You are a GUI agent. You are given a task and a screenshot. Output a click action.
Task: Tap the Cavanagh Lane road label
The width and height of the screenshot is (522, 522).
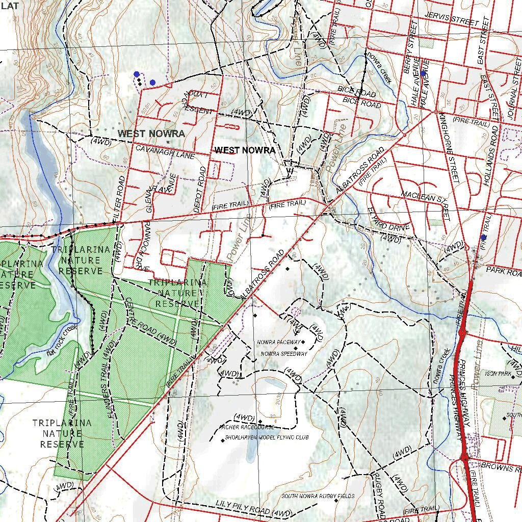(x=165, y=152)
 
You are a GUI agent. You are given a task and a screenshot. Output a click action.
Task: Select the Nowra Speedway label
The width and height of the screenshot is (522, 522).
(x=283, y=354)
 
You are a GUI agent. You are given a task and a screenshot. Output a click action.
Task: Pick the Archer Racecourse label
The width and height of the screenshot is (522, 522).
(x=247, y=427)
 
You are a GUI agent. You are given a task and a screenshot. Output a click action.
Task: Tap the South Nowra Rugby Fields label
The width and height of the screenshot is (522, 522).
(x=318, y=496)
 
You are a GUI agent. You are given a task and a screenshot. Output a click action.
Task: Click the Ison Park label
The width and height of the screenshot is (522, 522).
(x=498, y=374)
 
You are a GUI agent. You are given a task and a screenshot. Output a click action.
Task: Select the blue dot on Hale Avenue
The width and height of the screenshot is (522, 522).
(x=423, y=73)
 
